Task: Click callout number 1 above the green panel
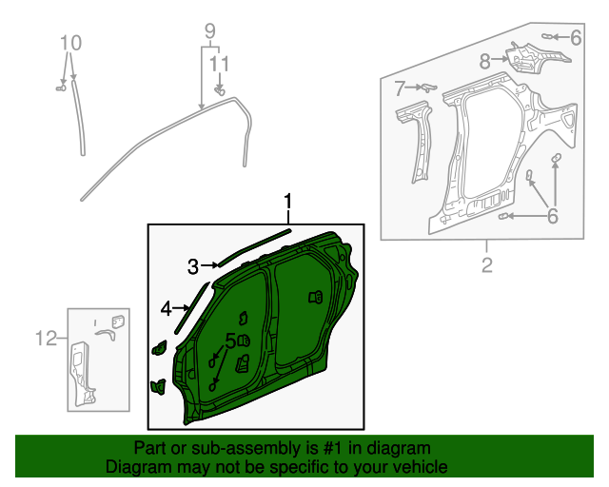click(x=287, y=202)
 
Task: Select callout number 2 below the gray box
click(x=486, y=265)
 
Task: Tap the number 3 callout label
click(x=192, y=266)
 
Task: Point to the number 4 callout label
click(x=166, y=308)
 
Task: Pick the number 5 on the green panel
click(x=231, y=341)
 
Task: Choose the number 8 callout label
click(x=485, y=62)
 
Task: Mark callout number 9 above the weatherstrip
click(x=210, y=31)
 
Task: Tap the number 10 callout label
click(x=71, y=43)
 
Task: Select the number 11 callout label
click(x=220, y=64)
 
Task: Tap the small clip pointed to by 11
click(x=219, y=91)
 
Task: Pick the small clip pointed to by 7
click(x=426, y=87)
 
